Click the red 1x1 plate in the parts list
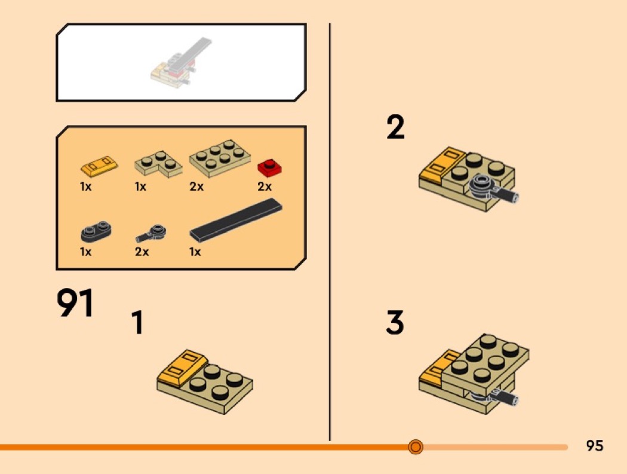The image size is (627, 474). click(269, 167)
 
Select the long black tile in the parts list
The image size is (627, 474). click(236, 221)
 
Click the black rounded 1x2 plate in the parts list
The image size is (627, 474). click(96, 231)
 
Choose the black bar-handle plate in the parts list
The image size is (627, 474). click(151, 233)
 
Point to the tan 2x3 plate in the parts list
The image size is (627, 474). click(220, 158)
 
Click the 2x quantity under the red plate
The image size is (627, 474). click(265, 186)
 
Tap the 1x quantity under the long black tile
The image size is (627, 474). click(195, 252)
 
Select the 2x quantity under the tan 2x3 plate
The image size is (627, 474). click(196, 186)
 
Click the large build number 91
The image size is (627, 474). click(75, 302)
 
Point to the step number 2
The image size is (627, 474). click(395, 127)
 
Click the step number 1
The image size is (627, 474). click(137, 323)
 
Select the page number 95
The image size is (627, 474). click(595, 445)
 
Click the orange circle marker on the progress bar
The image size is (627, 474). click(416, 447)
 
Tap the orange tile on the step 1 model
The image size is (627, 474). click(182, 367)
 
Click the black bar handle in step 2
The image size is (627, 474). click(493, 188)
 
